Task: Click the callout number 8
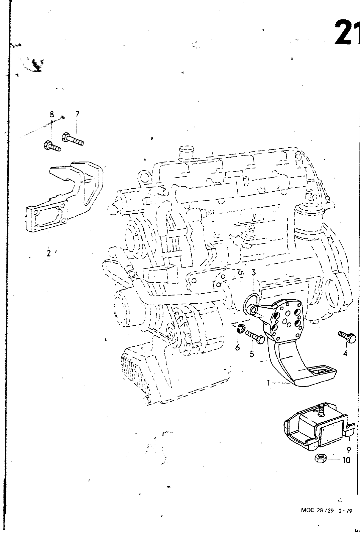point(52,114)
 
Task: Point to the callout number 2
point(49,253)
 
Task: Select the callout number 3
point(253,272)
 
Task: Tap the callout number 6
point(237,347)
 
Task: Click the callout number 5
point(252,353)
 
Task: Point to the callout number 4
point(345,353)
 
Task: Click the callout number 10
point(346,460)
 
